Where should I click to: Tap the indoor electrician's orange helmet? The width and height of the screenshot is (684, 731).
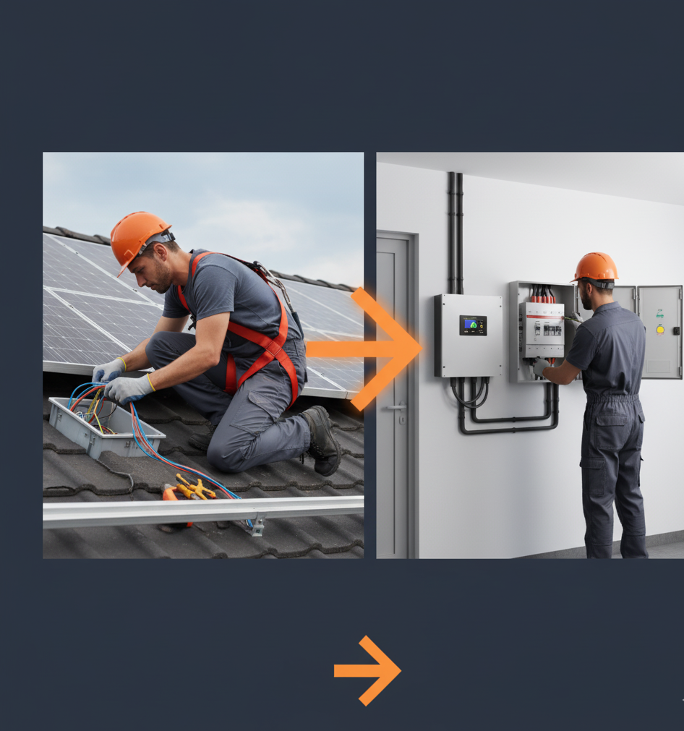coord(596,267)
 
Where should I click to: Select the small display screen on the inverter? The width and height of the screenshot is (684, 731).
coord(473,325)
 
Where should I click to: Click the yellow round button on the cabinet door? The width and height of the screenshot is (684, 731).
coord(659,329)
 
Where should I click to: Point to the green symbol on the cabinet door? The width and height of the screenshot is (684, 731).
coord(659,314)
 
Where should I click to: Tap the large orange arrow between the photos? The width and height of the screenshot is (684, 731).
coord(376,349)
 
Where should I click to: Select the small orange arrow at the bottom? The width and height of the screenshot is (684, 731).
coord(369,670)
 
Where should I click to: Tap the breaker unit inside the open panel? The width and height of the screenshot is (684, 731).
coord(544,330)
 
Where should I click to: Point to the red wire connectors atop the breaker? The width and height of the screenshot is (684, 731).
coord(542,294)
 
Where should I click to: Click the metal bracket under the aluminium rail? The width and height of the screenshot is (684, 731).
coord(257,526)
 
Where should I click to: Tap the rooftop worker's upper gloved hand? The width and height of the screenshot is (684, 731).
coord(108,370)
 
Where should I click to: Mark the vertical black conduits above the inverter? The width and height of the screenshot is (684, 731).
coord(455,231)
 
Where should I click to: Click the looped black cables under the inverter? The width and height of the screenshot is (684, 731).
coord(471,394)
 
